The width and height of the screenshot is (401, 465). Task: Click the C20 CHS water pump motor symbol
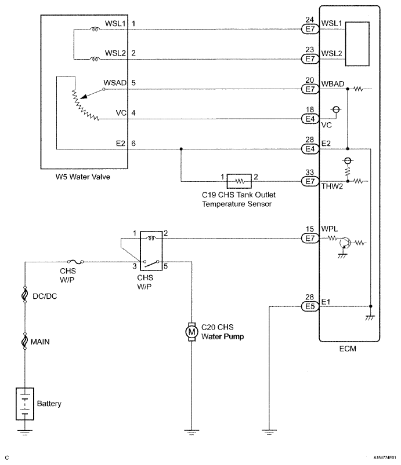click(x=192, y=332)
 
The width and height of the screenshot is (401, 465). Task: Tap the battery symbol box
click(x=25, y=404)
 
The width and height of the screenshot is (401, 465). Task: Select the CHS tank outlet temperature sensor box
click(x=239, y=181)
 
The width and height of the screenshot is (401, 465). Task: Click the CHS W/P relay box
click(x=151, y=251)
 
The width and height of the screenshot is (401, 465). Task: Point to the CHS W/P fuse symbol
click(x=75, y=262)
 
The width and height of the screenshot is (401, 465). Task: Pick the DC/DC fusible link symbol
click(x=25, y=295)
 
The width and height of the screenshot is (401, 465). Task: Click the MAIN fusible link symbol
click(x=25, y=340)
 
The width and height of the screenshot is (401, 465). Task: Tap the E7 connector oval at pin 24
click(x=310, y=29)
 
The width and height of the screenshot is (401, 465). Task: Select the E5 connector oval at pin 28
click(x=310, y=306)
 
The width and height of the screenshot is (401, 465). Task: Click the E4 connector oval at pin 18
click(x=310, y=119)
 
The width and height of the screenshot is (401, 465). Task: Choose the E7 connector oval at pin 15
click(x=310, y=238)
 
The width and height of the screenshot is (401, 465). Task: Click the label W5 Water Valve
click(x=82, y=177)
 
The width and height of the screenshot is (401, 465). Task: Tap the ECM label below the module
click(x=348, y=349)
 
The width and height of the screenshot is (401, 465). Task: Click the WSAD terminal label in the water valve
click(x=115, y=82)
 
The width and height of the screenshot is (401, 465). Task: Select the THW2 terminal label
click(x=332, y=186)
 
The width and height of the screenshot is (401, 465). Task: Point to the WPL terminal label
click(x=330, y=229)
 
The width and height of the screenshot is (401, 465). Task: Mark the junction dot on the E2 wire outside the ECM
click(x=181, y=149)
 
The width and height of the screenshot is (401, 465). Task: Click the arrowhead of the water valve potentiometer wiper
click(x=84, y=96)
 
